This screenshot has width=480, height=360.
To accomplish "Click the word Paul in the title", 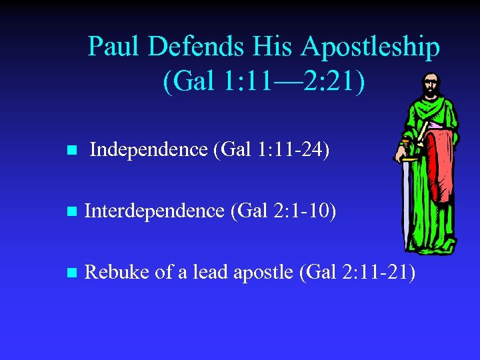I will click(x=115, y=47).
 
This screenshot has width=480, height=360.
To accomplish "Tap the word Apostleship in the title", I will click(x=370, y=47).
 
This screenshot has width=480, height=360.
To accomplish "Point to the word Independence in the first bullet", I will click(x=148, y=150).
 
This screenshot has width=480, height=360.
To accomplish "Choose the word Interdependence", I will click(x=155, y=211).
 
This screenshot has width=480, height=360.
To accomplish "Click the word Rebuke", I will click(x=117, y=272).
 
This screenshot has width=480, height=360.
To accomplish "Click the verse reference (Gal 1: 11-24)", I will click(x=271, y=150).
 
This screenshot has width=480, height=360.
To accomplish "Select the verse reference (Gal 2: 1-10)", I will click(x=283, y=211).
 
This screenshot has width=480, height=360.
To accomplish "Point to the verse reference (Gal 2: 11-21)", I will click(x=357, y=272).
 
